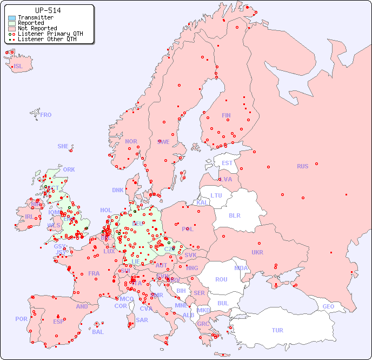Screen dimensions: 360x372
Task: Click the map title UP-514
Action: (48, 10)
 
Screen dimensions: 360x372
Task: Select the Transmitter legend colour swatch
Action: (12, 18)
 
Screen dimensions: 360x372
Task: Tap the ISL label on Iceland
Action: (18, 67)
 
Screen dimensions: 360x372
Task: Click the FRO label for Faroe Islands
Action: (46, 115)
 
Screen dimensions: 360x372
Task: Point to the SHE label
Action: (63, 146)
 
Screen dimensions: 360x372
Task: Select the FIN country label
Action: (226, 115)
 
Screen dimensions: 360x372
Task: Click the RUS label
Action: (302, 166)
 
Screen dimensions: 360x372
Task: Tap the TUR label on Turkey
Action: (277, 330)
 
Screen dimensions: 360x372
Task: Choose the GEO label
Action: (328, 306)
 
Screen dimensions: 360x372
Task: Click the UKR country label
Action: (257, 252)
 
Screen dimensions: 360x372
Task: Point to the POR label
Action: (21, 319)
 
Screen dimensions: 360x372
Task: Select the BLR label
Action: (234, 215)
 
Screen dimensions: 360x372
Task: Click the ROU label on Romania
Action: (221, 279)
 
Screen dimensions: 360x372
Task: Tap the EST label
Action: (227, 163)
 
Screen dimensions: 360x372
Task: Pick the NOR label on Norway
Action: (131, 141)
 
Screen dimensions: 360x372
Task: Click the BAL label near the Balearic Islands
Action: (97, 332)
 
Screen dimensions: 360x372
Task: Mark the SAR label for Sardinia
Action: (142, 320)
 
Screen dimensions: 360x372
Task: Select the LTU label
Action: (216, 195)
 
